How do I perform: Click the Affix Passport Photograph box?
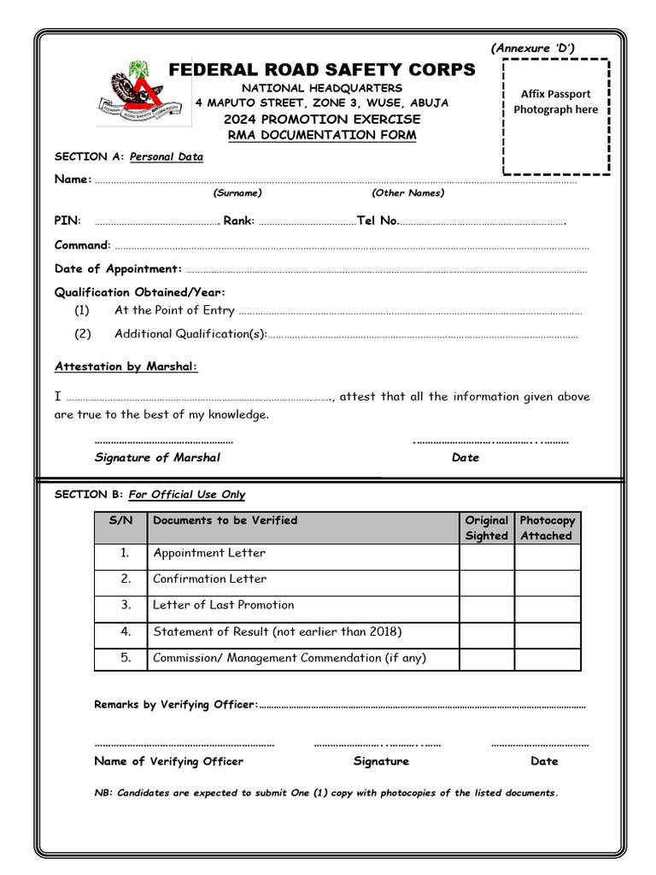(x=556, y=116)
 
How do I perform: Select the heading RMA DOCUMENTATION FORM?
(x=321, y=135)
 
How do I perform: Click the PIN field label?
(x=67, y=220)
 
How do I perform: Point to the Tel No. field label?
(x=377, y=220)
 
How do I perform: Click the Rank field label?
(x=238, y=220)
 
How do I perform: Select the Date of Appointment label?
(x=118, y=268)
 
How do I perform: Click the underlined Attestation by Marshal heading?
(x=126, y=367)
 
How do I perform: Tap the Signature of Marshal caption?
(x=157, y=457)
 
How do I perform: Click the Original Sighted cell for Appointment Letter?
(x=486, y=557)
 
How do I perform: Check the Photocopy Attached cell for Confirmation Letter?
(x=547, y=583)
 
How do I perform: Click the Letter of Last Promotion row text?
(x=223, y=605)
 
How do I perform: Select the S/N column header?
(x=120, y=520)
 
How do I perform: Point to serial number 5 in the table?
(x=126, y=658)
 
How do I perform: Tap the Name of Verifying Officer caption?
(x=168, y=761)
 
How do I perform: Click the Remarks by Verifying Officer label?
(x=175, y=705)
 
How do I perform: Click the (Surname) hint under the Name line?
(x=237, y=193)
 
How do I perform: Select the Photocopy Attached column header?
(x=547, y=528)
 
